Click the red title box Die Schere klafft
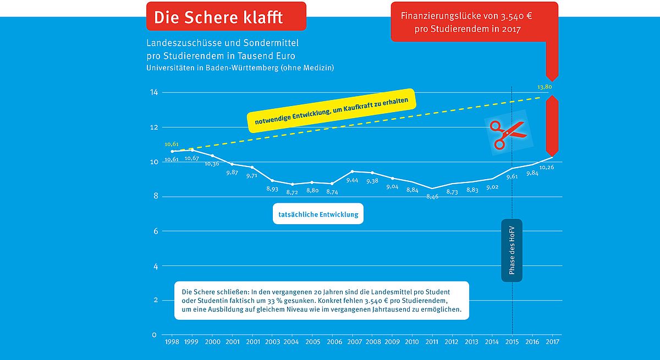[226, 16]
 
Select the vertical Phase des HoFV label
[512, 250]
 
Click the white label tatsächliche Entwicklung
[318, 214]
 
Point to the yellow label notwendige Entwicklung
[332, 110]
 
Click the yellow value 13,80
[544, 87]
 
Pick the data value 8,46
[432, 196]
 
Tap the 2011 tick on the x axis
[432, 342]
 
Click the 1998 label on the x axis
[172, 342]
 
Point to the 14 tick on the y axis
[154, 92]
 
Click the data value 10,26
[546, 167]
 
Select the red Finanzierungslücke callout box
[474, 22]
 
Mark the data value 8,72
[292, 192]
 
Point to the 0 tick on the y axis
[154, 335]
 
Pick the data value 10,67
[192, 158]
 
